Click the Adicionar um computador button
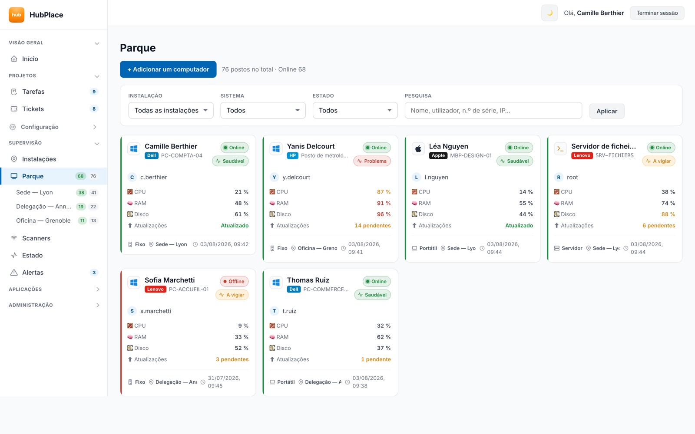coord(168,69)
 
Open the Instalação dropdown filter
coord(171,110)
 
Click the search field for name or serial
coord(493,110)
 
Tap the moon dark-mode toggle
coord(549,13)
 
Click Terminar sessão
coord(657,13)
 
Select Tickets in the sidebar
coord(33,109)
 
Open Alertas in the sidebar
coord(33,273)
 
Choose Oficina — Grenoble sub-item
coord(43,220)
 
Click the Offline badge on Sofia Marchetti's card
coord(234,281)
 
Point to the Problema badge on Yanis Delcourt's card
coord(372,161)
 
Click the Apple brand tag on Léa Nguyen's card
coord(438,155)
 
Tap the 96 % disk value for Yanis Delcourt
coord(384,214)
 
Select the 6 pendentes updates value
coord(659,225)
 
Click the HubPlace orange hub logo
coord(17,15)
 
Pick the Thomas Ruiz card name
coord(308,280)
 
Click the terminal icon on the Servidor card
coord(560,149)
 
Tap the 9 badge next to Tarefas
coord(94,92)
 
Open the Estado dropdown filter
coord(355,110)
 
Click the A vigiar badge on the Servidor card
coord(659,161)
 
